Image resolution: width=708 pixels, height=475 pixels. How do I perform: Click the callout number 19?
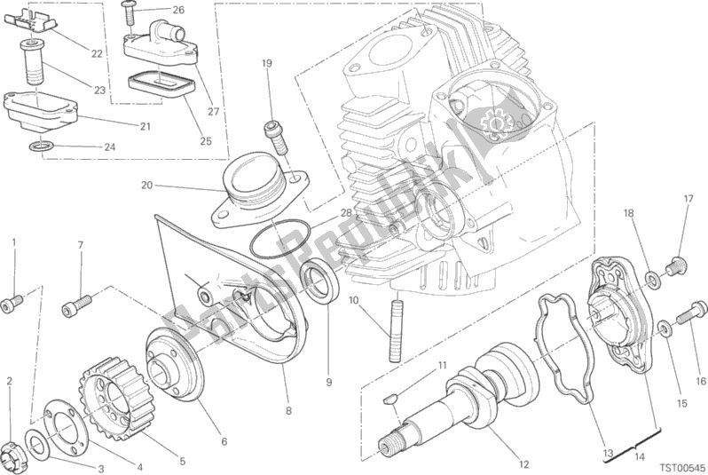pyautogui.click(x=267, y=63)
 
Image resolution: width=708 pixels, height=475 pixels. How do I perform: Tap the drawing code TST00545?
pyautogui.click(x=682, y=467)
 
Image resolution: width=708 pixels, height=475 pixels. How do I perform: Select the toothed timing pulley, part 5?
pyautogui.click(x=118, y=395)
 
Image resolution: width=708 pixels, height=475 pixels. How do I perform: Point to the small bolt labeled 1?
pyautogui.click(x=12, y=303)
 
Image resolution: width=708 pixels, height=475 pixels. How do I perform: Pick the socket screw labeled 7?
pyautogui.click(x=76, y=305)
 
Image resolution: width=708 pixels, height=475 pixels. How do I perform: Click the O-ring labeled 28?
pyautogui.click(x=279, y=240)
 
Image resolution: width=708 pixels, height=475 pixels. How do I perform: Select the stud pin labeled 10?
pyautogui.click(x=395, y=327)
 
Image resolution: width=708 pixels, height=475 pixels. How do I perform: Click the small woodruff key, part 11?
pyautogui.click(x=390, y=399)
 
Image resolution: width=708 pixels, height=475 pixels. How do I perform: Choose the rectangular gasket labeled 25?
pyautogui.click(x=161, y=85)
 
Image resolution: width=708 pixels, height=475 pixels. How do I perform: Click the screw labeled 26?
pyautogui.click(x=129, y=14)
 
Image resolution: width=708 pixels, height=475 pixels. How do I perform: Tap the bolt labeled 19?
pyautogui.click(x=276, y=137)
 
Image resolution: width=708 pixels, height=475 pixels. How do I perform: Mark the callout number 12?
pyautogui.click(x=523, y=464)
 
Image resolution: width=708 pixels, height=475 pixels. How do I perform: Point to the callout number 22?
pyautogui.click(x=97, y=54)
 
